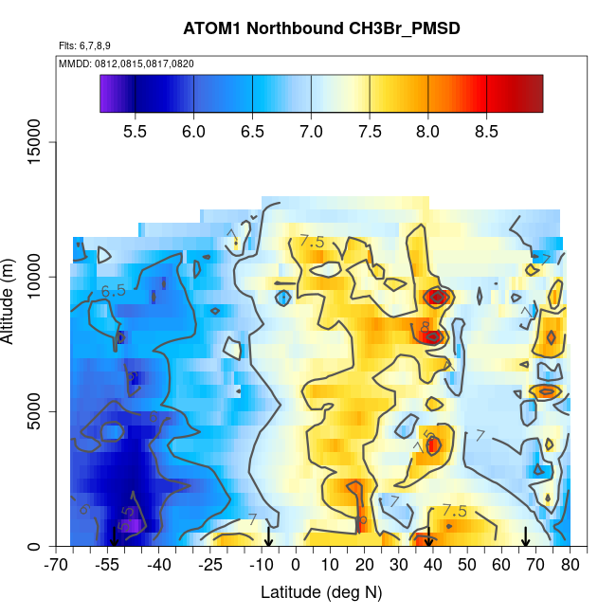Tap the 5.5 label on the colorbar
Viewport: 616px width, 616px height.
136,131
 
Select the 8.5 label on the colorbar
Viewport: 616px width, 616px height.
486,131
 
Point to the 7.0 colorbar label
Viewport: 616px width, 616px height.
311,131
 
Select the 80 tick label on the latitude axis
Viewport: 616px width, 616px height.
571,566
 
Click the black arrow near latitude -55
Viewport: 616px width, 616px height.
114,537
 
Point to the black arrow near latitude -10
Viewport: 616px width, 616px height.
268,537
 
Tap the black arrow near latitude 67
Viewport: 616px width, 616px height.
526,536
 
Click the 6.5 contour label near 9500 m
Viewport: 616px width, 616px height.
114,291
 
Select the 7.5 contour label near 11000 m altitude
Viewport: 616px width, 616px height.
312,242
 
